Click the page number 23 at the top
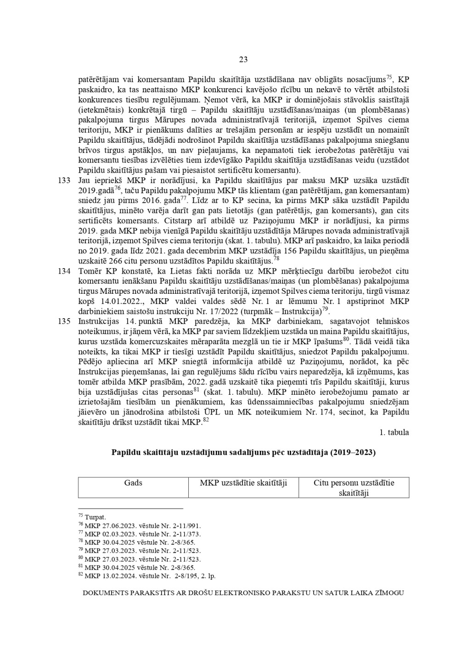click(243, 59)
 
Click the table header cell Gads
click(133, 483)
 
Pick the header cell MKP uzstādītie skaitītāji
click(243, 483)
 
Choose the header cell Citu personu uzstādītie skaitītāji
click(354, 488)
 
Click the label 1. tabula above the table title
click(394, 432)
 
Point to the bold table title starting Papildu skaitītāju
click(243, 453)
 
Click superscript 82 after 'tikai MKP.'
click(206, 420)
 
